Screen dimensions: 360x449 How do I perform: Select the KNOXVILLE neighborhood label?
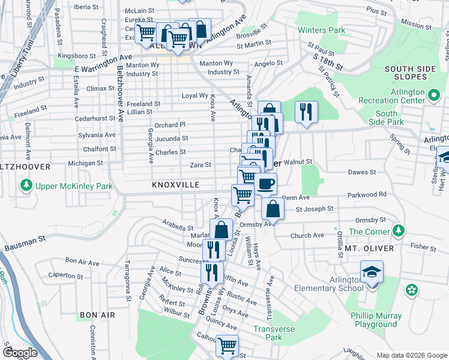click(x=175, y=185)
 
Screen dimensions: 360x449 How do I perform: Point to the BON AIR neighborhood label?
click(x=97, y=315)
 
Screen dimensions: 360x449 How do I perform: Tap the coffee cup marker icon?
click(x=265, y=184)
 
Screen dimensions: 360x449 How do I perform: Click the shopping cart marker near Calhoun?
click(x=227, y=345)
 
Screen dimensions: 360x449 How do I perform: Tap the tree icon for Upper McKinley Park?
click(x=26, y=186)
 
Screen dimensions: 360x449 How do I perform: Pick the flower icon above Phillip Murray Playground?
click(x=411, y=290)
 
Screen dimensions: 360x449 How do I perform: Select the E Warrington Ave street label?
click(x=103, y=64)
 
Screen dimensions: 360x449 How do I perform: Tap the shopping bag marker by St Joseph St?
click(x=273, y=210)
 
